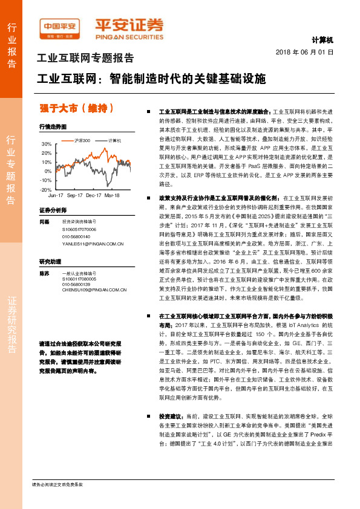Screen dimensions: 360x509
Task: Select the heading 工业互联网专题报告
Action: tap(85, 59)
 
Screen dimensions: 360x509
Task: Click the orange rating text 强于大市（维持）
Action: tap(77, 108)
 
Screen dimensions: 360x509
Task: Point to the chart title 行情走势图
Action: tap(52, 127)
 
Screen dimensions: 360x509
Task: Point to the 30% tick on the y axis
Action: tap(47, 144)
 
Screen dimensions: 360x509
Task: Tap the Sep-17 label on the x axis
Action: tap(75, 196)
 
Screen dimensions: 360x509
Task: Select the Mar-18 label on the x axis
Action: tap(112, 196)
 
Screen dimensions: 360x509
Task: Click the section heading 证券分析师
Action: tap(52, 210)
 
